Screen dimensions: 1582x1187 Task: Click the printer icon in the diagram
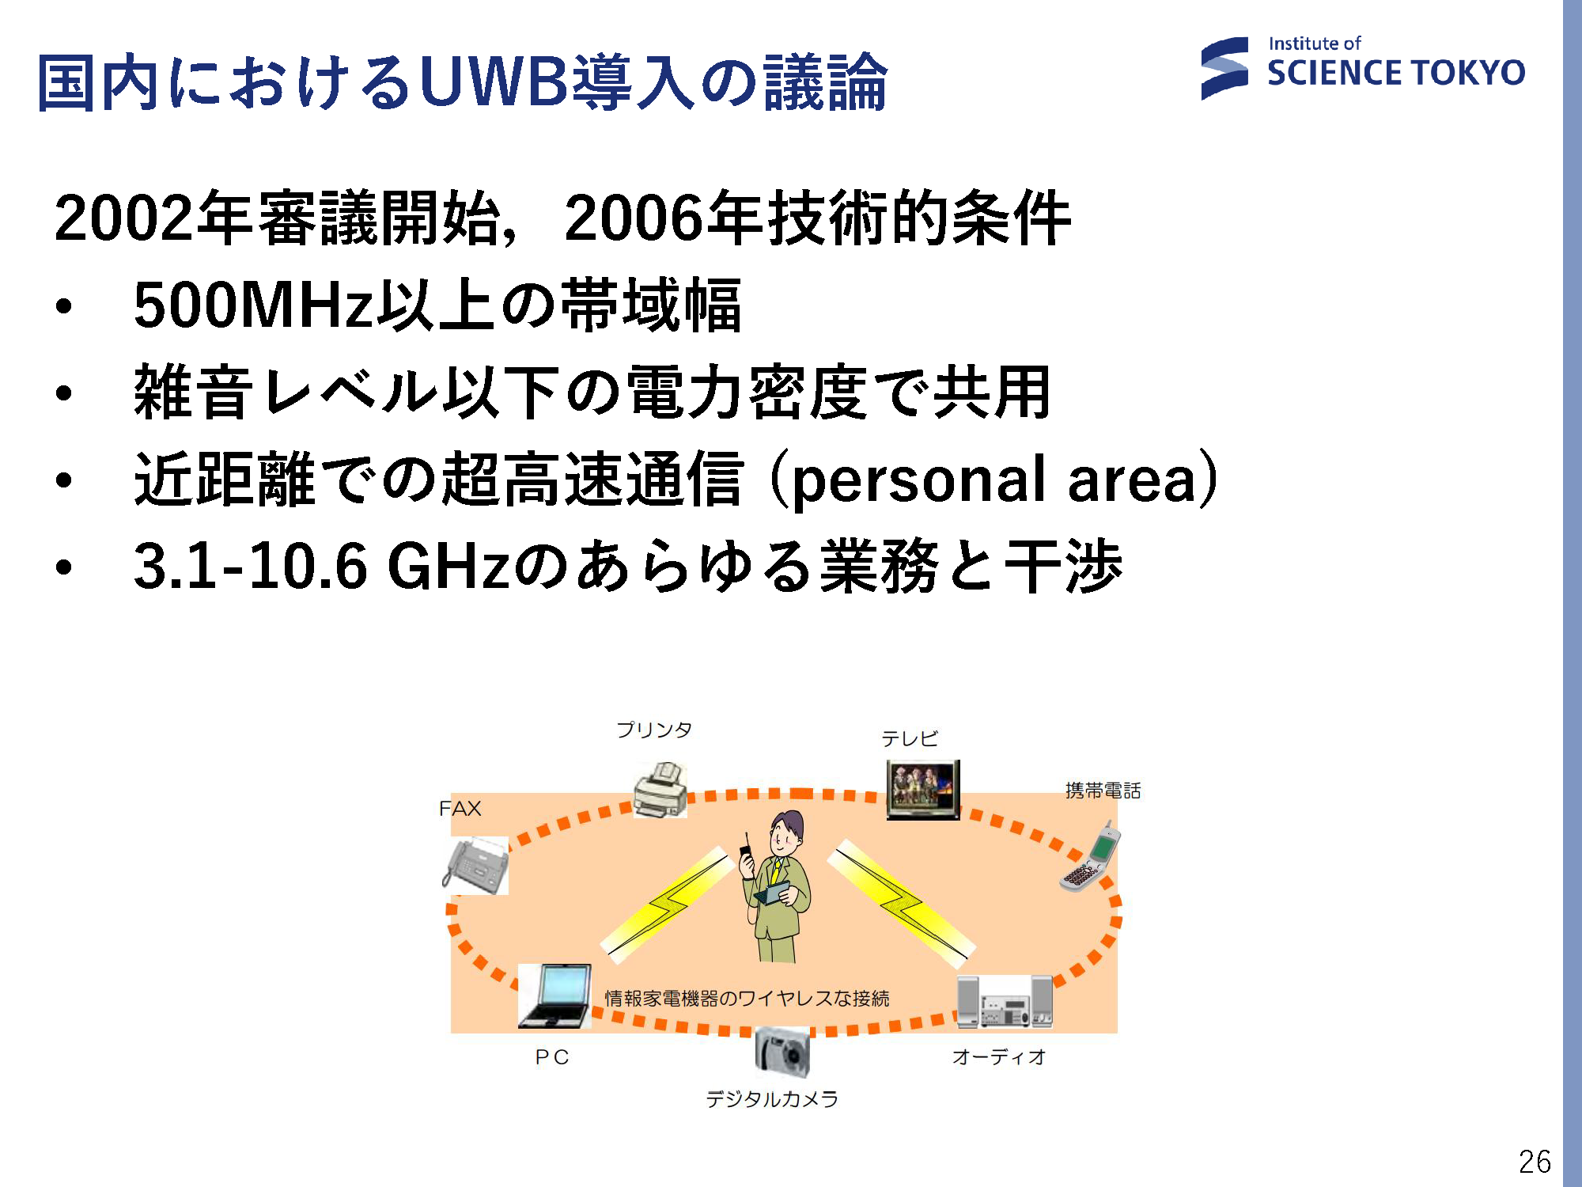pos(660,790)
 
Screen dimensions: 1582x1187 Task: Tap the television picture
pos(923,790)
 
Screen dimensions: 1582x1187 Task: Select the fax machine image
pos(475,866)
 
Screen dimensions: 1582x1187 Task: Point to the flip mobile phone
pos(1091,858)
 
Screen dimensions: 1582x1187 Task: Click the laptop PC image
pos(554,996)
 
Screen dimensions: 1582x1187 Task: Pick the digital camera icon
pos(782,1052)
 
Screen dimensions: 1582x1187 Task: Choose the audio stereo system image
pos(1005,1002)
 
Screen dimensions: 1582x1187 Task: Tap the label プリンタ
pos(654,729)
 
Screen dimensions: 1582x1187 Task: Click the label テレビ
pos(910,738)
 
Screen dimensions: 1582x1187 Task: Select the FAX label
pos(460,808)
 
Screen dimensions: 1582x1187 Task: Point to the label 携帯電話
pos(1103,790)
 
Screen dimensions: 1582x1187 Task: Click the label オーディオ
pos(999,1056)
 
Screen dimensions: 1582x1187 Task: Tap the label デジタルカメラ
pos(772,1098)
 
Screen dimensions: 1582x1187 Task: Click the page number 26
pos(1535,1161)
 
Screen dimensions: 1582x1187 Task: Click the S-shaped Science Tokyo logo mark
pos(1224,69)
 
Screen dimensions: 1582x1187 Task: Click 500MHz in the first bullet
pos(253,305)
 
